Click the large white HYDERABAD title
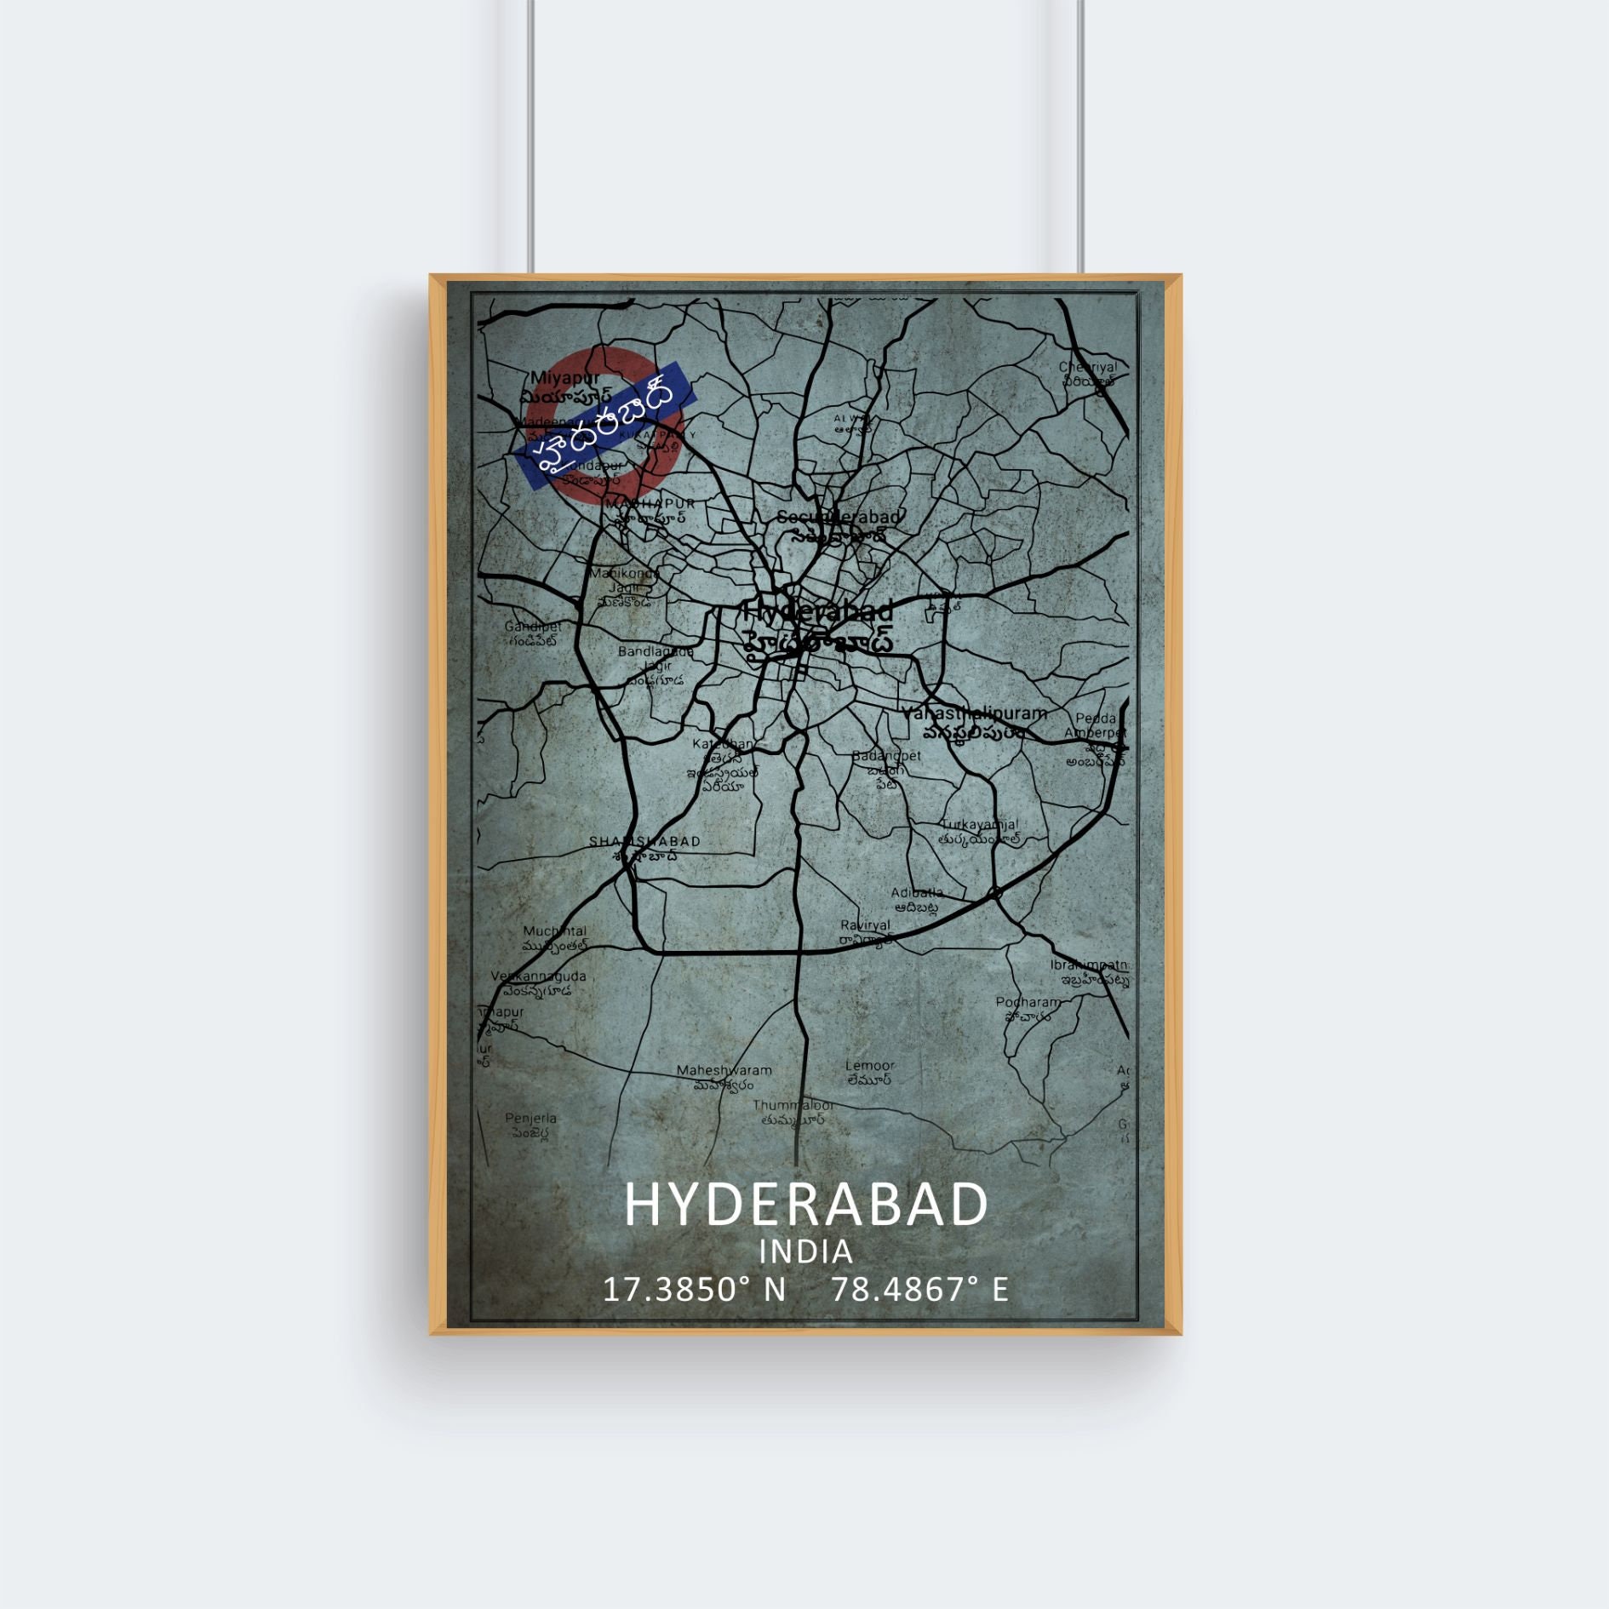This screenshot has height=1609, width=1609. pos(805,1205)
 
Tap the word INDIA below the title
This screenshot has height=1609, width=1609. pos(805,1252)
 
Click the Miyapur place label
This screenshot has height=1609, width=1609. pos(565,377)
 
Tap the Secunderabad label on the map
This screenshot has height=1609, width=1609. pos(839,518)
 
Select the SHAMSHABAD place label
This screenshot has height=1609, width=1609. pos(644,842)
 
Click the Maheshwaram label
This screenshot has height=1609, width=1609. pos(724,1071)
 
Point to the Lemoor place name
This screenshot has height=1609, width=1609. pos(869,1066)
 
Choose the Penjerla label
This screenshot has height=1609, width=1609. pos(530,1119)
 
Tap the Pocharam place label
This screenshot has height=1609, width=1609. pos(1028,1003)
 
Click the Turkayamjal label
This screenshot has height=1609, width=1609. pos(979,825)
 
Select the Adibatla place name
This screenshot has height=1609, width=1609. pos(916,893)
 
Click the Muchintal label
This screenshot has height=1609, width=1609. pos(555,931)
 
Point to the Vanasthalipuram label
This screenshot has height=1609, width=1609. pos(975,714)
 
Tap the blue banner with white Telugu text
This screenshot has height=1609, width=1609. pos(605,426)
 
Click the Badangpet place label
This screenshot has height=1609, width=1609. pos(886,756)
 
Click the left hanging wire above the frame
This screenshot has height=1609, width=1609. pos(530,136)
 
